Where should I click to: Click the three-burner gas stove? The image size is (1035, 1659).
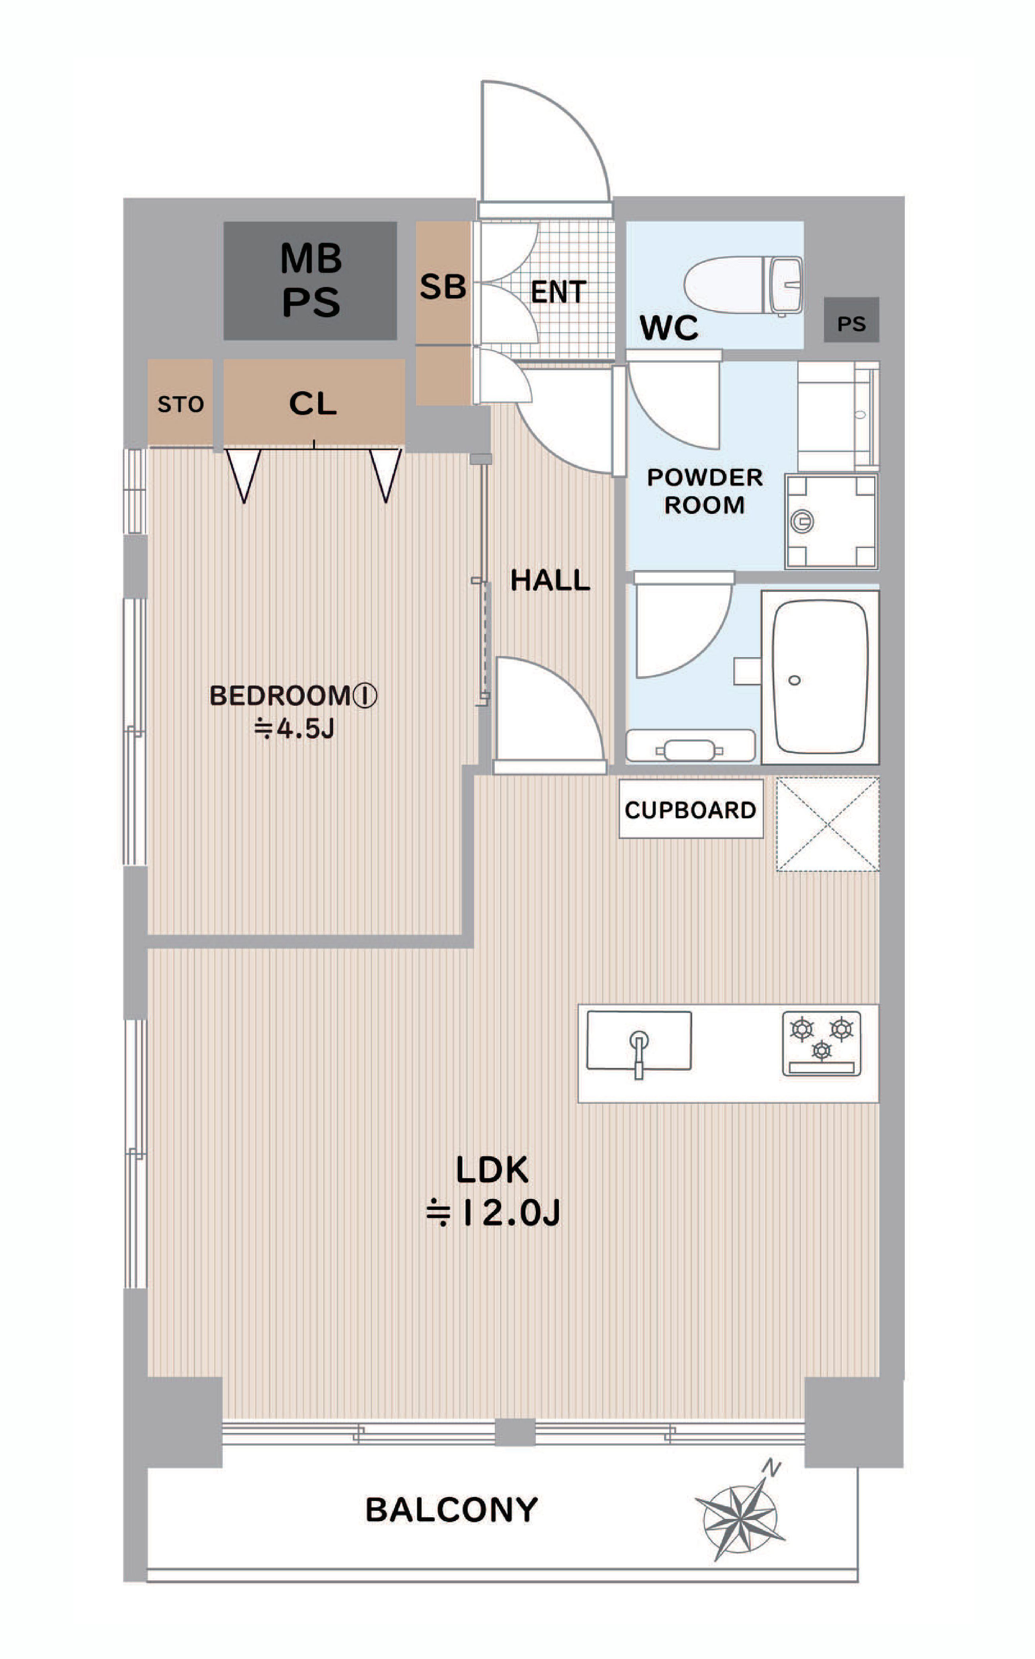pos(821,1044)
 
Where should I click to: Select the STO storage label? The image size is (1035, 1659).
pos(181,404)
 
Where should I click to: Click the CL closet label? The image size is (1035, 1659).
pos(313,403)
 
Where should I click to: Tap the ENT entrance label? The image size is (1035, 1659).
pos(559,292)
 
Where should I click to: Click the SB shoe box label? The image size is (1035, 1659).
pos(443,287)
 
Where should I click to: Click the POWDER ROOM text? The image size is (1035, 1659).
pos(705,491)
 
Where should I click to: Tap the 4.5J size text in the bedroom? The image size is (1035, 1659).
pos(294,729)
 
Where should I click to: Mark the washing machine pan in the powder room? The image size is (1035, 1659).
pos(831,521)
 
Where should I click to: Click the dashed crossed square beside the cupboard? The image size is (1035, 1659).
pos(828,824)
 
